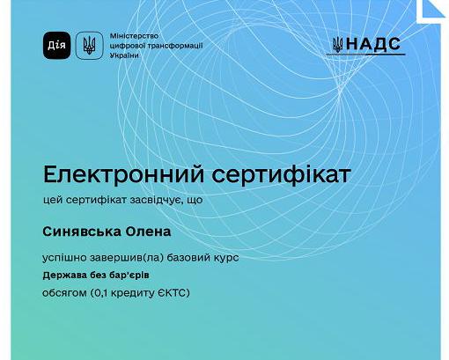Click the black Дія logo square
(x=56, y=45)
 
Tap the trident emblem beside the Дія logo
(x=88, y=45)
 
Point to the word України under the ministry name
(x=125, y=55)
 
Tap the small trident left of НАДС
(x=338, y=44)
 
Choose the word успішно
(x=67, y=258)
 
